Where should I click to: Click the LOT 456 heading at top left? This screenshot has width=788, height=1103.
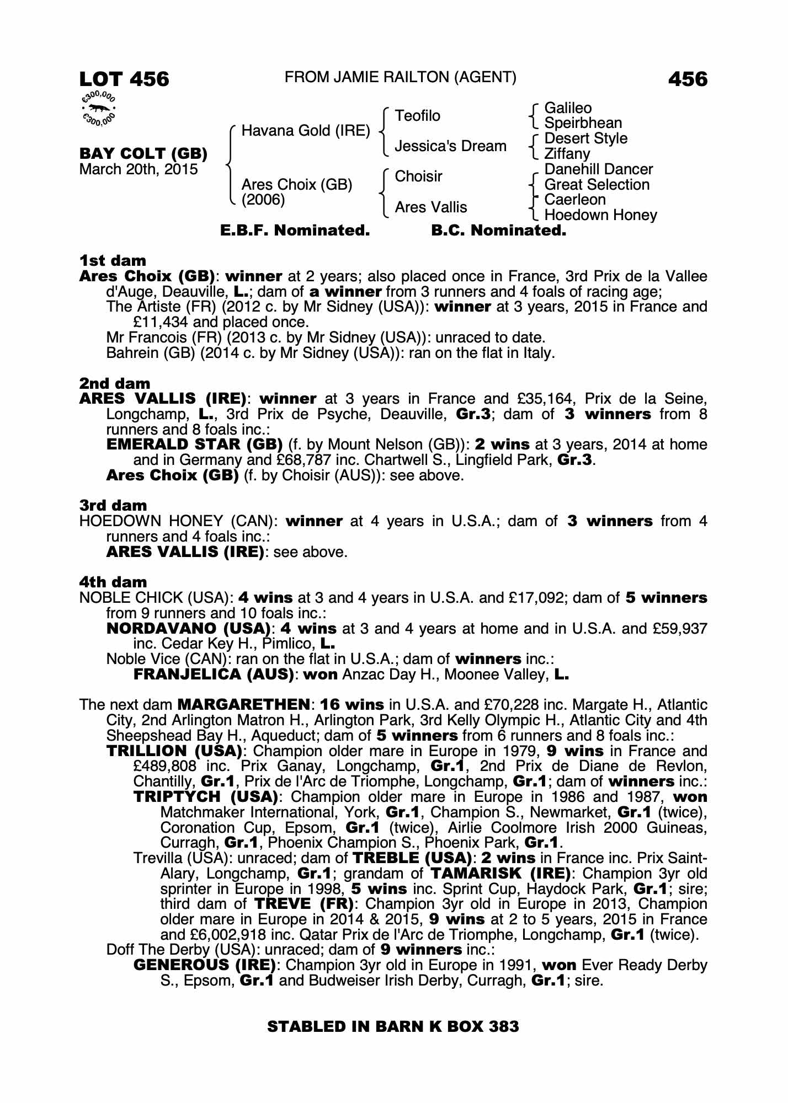click(124, 79)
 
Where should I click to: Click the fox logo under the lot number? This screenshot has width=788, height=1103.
click(99, 109)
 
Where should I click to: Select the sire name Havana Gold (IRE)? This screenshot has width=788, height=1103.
click(306, 131)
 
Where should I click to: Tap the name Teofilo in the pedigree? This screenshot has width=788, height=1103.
click(417, 116)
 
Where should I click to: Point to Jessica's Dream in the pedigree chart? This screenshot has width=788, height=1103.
click(450, 146)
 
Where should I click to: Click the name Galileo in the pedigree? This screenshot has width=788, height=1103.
click(568, 108)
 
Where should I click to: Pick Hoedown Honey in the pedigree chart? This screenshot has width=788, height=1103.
click(600, 215)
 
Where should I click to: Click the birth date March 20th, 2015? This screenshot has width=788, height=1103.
click(139, 169)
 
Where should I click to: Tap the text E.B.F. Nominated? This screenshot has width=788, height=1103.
click(295, 231)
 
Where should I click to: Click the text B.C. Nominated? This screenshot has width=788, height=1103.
click(498, 231)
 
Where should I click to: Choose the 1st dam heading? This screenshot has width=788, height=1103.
click(113, 260)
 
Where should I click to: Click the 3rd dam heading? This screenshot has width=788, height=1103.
click(113, 505)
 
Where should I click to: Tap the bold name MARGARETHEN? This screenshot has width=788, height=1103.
click(243, 705)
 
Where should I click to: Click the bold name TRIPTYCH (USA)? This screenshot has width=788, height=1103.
click(205, 797)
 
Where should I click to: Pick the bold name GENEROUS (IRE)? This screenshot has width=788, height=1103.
click(205, 965)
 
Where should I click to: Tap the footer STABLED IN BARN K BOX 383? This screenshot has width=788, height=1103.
click(393, 1026)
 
